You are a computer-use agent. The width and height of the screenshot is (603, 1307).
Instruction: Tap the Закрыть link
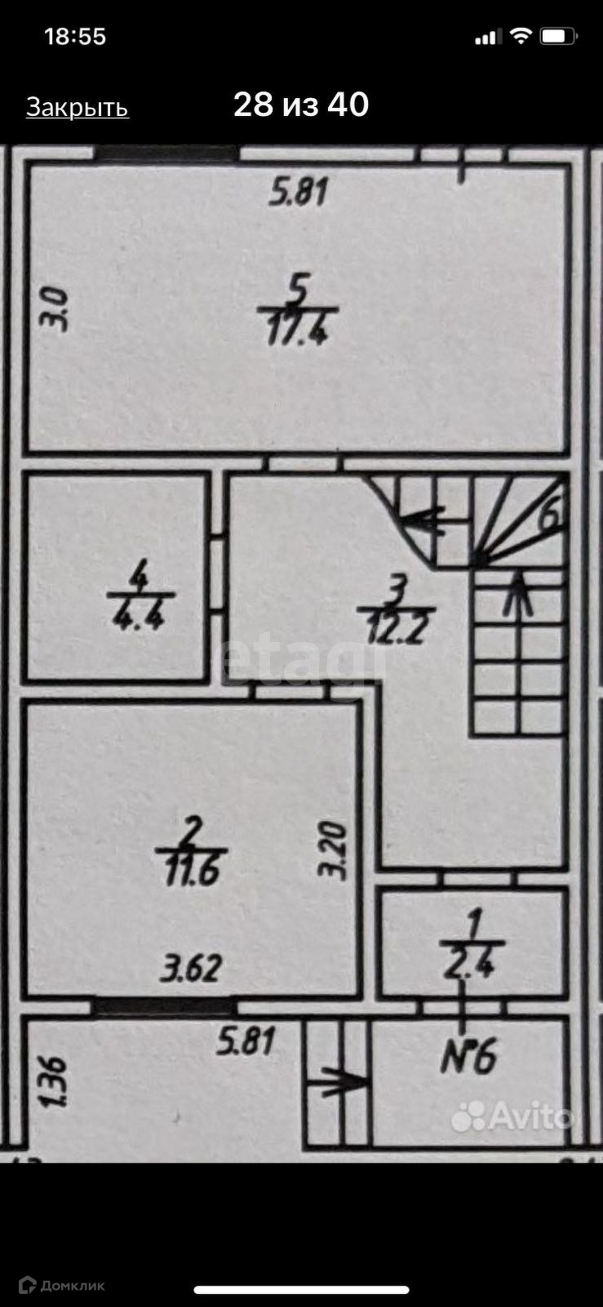[78, 108]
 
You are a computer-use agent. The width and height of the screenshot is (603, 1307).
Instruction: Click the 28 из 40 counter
[301, 105]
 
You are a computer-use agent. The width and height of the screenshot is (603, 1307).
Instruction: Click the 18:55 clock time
[75, 37]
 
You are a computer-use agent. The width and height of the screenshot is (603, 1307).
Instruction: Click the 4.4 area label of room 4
[140, 613]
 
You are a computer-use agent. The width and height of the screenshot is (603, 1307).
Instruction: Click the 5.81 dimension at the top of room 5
[299, 193]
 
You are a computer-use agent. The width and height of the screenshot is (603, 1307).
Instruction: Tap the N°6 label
[468, 1059]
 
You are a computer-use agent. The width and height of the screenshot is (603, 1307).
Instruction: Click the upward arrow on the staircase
[518, 594]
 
